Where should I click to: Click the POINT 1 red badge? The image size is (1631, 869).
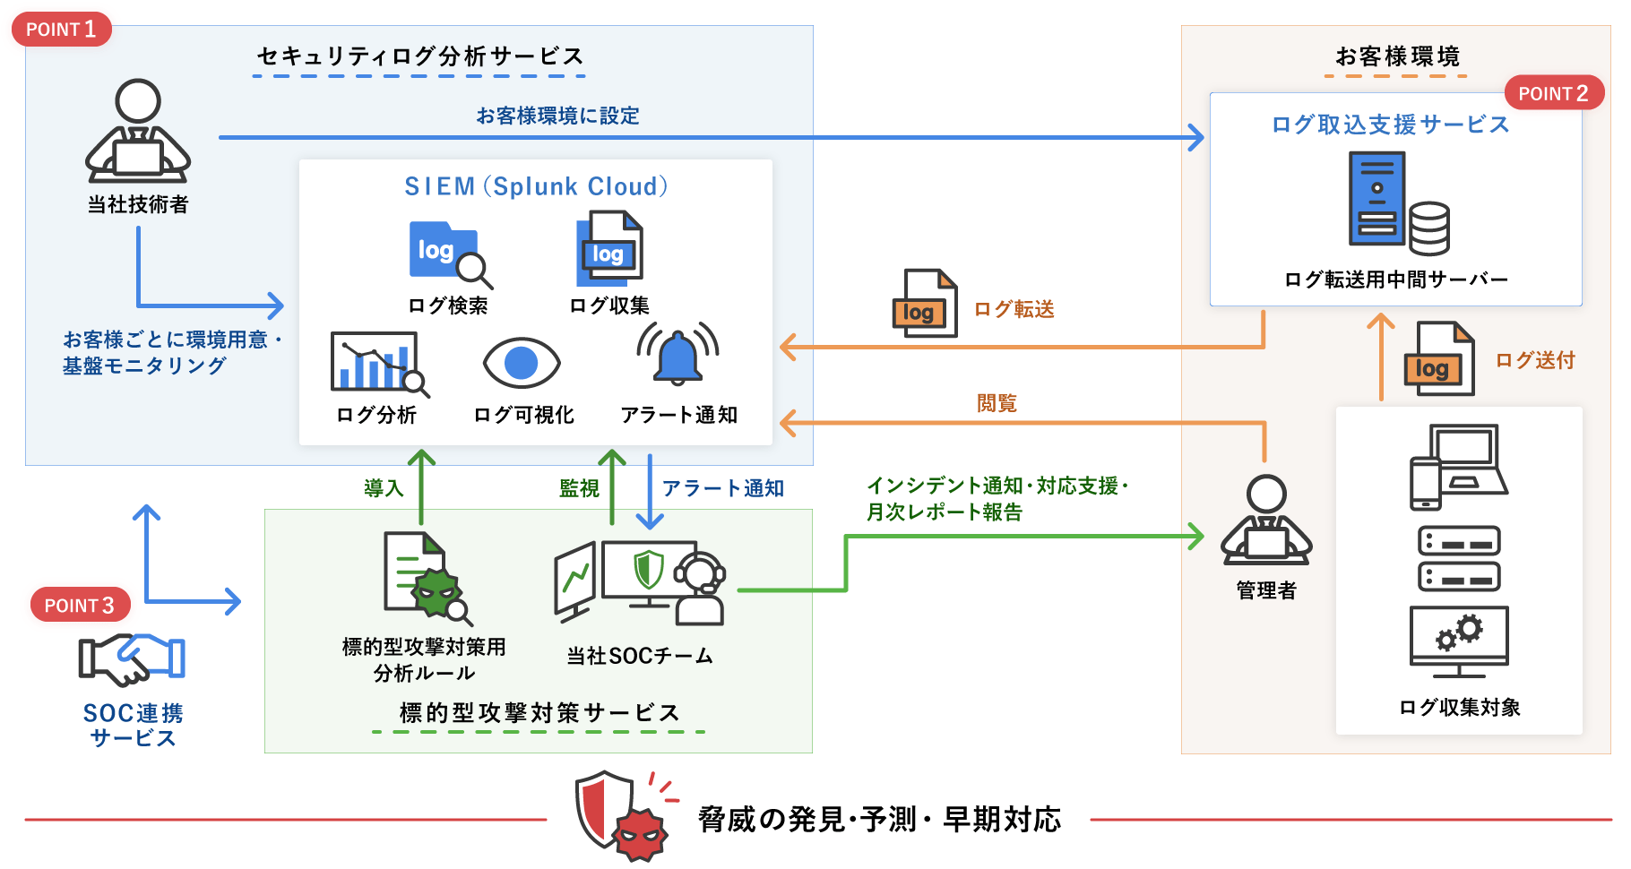(61, 29)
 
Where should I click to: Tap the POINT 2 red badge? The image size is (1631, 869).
(1553, 93)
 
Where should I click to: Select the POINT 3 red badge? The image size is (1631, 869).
(80, 605)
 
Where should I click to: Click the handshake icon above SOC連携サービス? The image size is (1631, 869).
(132, 659)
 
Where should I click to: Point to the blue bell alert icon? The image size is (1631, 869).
(678, 355)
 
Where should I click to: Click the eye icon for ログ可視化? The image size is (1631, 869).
(522, 363)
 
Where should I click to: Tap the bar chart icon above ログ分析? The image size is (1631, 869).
(377, 363)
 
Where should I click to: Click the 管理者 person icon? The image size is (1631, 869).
(1266, 521)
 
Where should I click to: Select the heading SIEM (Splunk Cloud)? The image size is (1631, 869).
(536, 186)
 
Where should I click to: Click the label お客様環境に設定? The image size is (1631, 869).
(557, 116)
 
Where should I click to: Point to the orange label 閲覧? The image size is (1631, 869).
(997, 403)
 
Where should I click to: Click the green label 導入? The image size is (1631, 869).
(384, 488)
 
